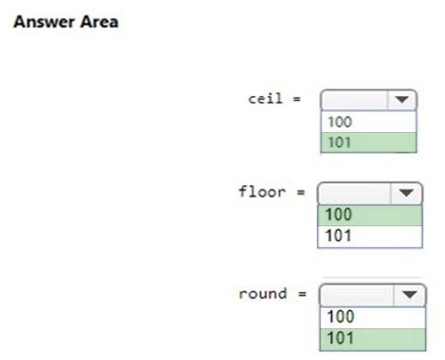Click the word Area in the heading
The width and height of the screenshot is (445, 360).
click(99, 22)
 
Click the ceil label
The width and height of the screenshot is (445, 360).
click(265, 99)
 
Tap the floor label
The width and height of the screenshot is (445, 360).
click(262, 192)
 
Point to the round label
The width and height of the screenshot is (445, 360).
click(262, 294)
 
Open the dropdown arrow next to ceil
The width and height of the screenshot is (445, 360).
click(402, 99)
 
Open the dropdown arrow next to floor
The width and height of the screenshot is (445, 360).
click(406, 193)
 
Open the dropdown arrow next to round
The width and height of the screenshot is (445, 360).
click(410, 295)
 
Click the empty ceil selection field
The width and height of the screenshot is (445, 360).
click(354, 99)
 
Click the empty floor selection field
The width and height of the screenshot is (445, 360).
click(354, 193)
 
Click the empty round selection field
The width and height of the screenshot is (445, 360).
click(357, 295)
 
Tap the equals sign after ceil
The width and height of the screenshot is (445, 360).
click(297, 99)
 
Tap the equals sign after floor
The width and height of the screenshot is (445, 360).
click(301, 192)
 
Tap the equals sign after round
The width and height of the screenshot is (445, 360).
click(302, 294)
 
